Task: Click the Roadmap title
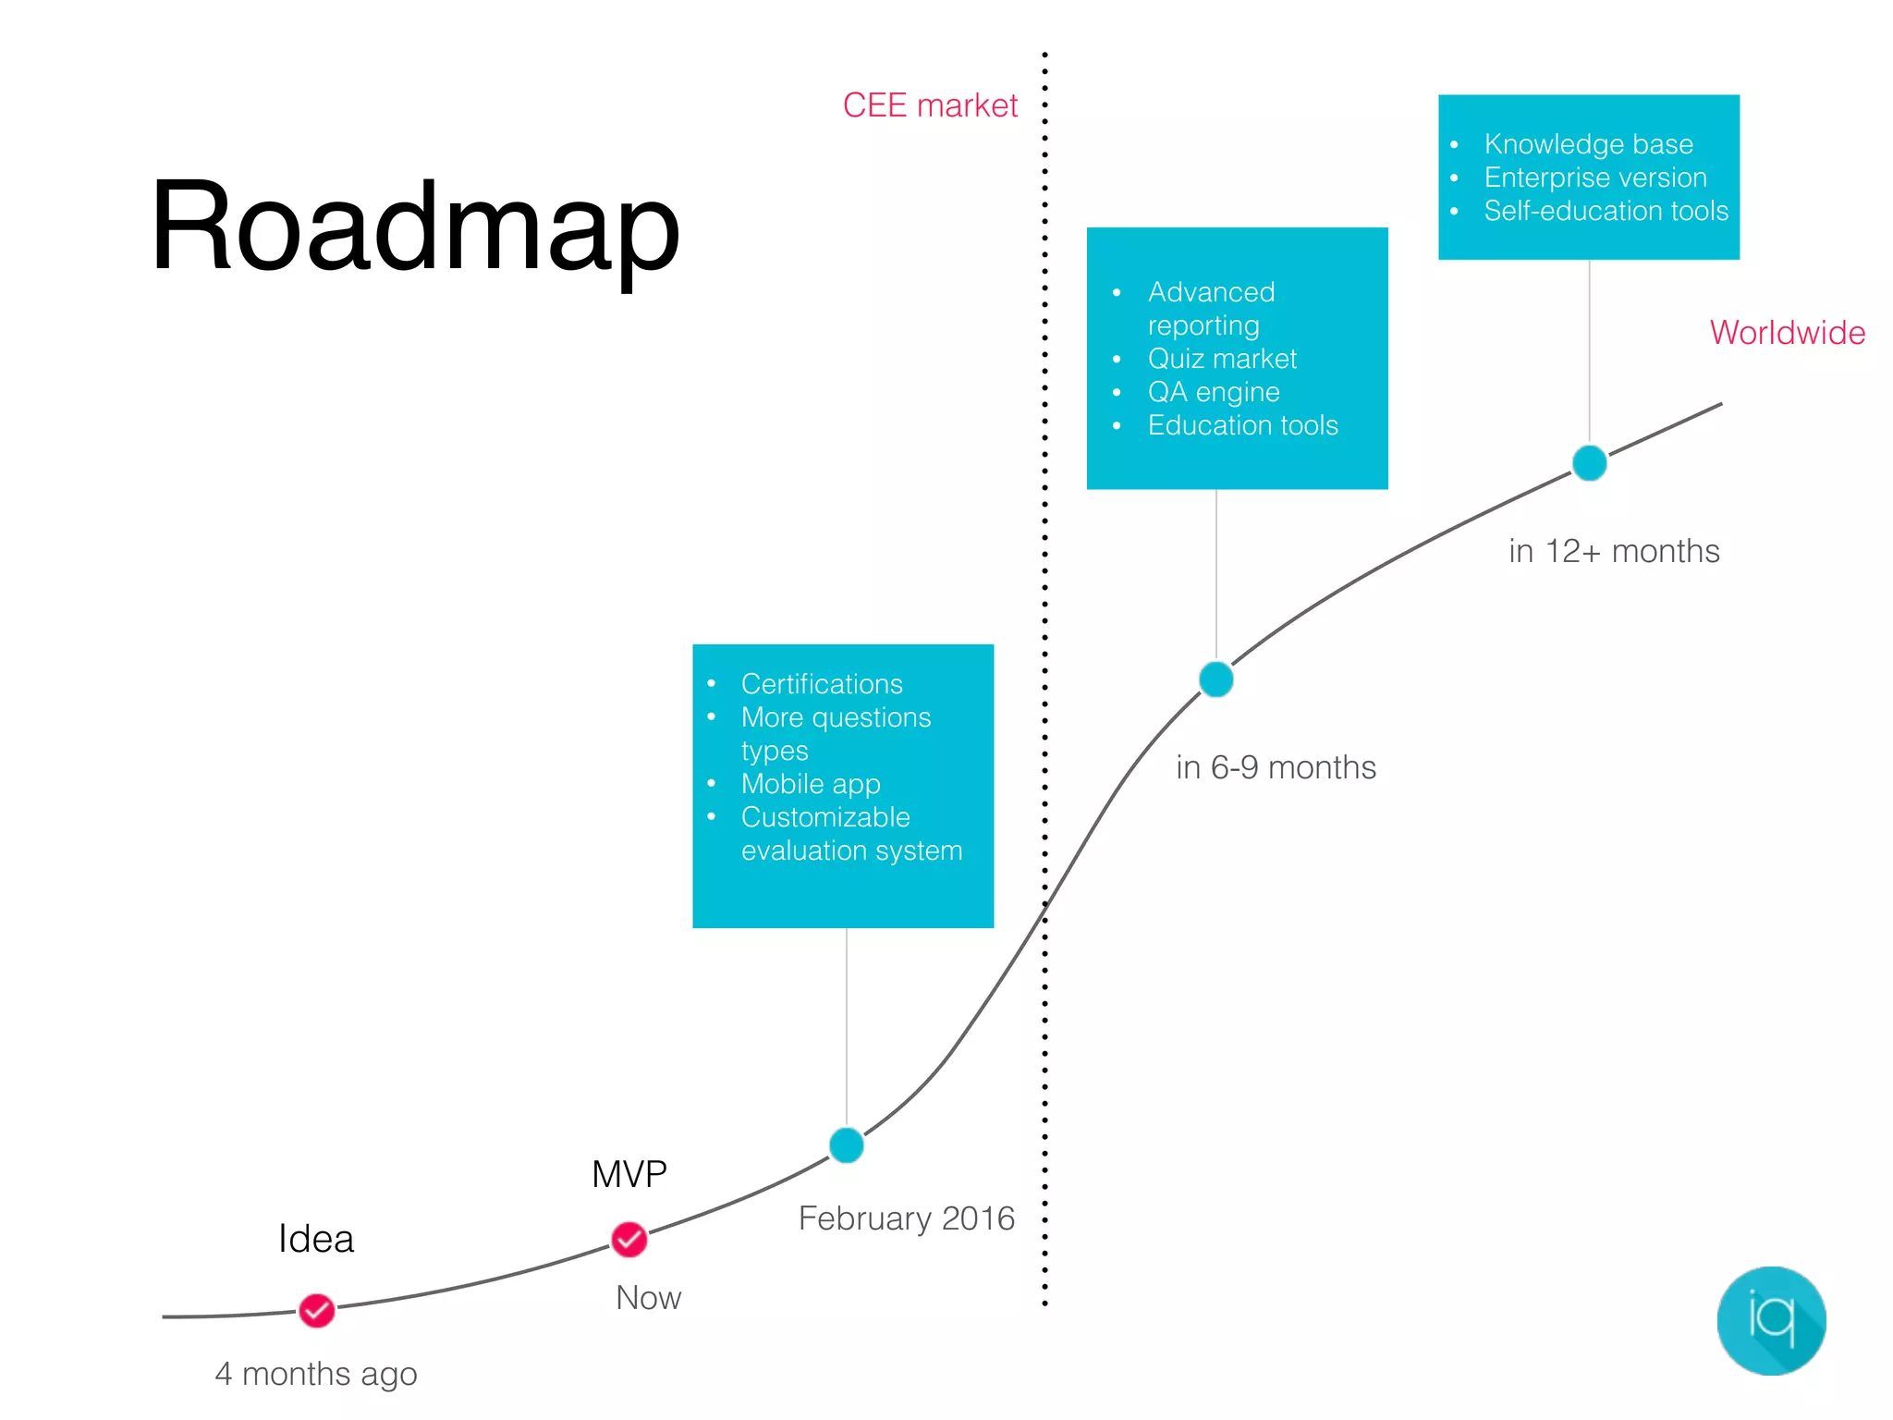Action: pos(415,226)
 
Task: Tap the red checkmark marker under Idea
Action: pos(317,1310)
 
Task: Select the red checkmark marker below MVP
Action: pos(629,1239)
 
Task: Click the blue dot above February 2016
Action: pos(846,1145)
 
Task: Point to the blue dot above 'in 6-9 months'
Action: pos(1215,679)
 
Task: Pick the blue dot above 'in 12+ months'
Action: pos(1589,462)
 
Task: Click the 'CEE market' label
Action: pos(929,105)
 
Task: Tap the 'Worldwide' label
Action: pos(1787,333)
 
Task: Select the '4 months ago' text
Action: pos(316,1374)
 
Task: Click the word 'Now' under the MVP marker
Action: pos(648,1298)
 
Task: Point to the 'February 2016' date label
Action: pos(906,1218)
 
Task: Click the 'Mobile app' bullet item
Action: pos(811,784)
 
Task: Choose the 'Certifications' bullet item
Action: pos(822,684)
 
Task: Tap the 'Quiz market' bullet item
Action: pos(1222,359)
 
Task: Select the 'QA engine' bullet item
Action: pos(1214,392)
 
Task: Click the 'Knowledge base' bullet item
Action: pos(1588,144)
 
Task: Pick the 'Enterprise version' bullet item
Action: pos(1595,177)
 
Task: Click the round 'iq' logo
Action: pos(1771,1320)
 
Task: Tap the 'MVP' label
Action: pos(629,1174)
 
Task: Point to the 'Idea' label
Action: pos(316,1239)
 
